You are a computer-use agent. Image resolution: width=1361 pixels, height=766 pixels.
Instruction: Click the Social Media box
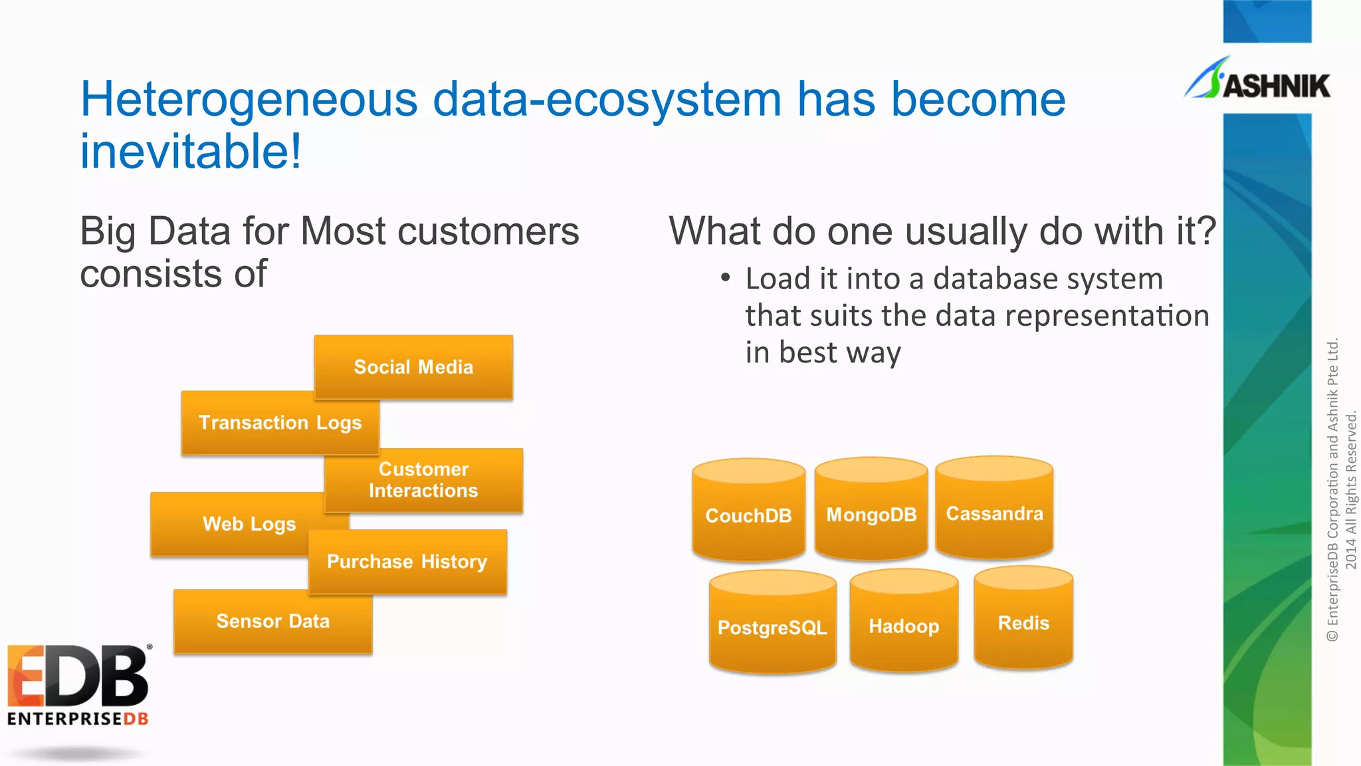[x=413, y=367]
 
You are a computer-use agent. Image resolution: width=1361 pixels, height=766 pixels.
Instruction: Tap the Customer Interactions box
[x=423, y=480]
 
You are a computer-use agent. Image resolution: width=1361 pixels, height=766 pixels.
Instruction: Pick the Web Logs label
[x=249, y=524]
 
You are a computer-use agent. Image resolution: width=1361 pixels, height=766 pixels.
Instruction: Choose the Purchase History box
[x=407, y=562]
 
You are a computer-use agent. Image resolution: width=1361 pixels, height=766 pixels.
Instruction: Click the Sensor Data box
[x=272, y=621]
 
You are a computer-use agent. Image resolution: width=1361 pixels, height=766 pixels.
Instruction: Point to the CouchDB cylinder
[x=748, y=515]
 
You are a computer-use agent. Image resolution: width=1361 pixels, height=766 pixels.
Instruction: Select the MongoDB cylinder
[x=871, y=514]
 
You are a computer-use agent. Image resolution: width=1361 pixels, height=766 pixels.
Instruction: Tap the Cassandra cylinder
[x=994, y=513]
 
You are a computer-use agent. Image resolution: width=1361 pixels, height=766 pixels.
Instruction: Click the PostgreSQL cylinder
[x=772, y=627]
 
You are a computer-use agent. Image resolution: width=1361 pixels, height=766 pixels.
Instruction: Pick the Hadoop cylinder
[x=904, y=626]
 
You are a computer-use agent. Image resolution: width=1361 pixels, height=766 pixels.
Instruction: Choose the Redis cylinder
[x=1023, y=622]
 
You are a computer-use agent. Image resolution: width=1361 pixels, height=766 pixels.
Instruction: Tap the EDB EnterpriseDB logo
[x=78, y=685]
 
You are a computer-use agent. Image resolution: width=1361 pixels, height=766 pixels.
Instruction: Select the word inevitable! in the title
[x=191, y=152]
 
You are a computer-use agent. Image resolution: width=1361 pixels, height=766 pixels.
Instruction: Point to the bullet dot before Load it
[x=726, y=277]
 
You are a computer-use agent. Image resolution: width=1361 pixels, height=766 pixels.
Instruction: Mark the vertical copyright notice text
[x=1341, y=490]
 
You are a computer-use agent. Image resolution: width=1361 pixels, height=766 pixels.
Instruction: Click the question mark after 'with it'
[x=1206, y=231]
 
